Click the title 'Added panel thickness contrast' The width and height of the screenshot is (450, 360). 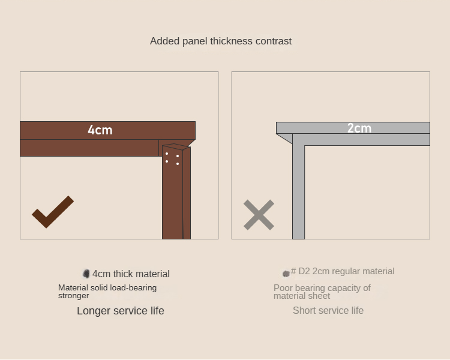(x=221, y=41)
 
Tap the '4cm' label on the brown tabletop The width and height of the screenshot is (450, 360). (x=100, y=130)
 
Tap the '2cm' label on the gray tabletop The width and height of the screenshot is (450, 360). (x=359, y=128)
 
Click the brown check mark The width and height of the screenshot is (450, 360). (x=53, y=212)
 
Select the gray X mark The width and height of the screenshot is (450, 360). (x=259, y=215)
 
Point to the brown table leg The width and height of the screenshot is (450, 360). (x=176, y=192)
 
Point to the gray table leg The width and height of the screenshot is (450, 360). (x=298, y=187)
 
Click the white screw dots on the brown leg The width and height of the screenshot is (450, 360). (x=172, y=158)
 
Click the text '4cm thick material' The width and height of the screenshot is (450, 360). (x=131, y=274)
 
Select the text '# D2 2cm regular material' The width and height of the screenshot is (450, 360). (x=343, y=271)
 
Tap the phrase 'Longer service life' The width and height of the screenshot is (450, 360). (x=121, y=311)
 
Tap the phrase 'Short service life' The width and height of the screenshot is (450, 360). (x=328, y=310)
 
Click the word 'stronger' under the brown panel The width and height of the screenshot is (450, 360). (x=73, y=296)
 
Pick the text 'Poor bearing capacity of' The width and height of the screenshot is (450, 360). (x=322, y=287)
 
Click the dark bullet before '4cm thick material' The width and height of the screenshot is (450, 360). (x=86, y=274)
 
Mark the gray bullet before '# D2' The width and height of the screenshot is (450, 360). (x=286, y=274)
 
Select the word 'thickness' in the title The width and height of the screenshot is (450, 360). (x=232, y=41)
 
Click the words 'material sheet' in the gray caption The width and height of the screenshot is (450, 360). (x=302, y=296)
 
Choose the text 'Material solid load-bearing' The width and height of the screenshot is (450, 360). (x=107, y=287)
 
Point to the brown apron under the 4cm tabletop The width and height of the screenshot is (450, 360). (x=89, y=148)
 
